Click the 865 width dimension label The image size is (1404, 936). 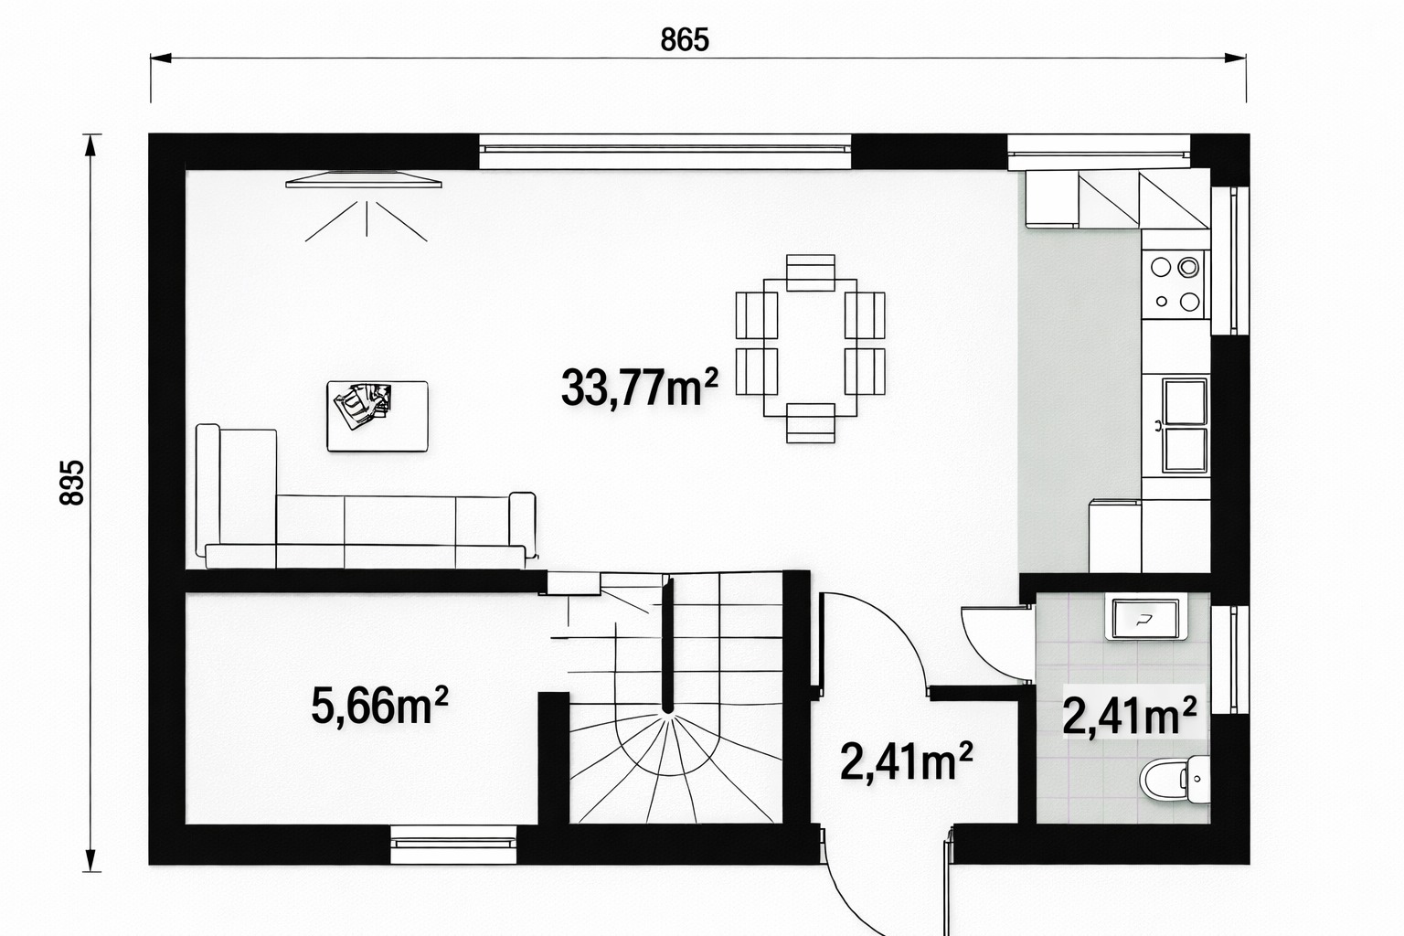(x=685, y=40)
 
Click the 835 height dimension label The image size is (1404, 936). (x=72, y=483)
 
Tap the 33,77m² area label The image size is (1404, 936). (x=640, y=388)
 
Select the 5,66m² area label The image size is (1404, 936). (x=380, y=706)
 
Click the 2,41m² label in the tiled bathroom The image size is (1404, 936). (x=1130, y=717)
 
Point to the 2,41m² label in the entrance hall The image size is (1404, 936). (x=907, y=761)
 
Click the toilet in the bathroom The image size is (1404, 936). (x=1175, y=780)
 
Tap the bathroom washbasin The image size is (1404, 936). (x=1146, y=619)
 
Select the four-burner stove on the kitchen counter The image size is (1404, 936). (x=1175, y=284)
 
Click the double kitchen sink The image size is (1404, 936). (x=1185, y=425)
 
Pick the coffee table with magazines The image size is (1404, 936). (x=378, y=416)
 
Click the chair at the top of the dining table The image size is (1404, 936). (x=811, y=272)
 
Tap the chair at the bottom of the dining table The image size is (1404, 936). (x=811, y=422)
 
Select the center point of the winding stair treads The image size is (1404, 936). (x=668, y=711)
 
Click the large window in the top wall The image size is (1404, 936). (x=665, y=151)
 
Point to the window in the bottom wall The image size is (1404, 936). (x=453, y=845)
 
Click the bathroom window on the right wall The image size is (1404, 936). (x=1229, y=660)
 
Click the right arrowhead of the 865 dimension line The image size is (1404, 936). (x=1236, y=58)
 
